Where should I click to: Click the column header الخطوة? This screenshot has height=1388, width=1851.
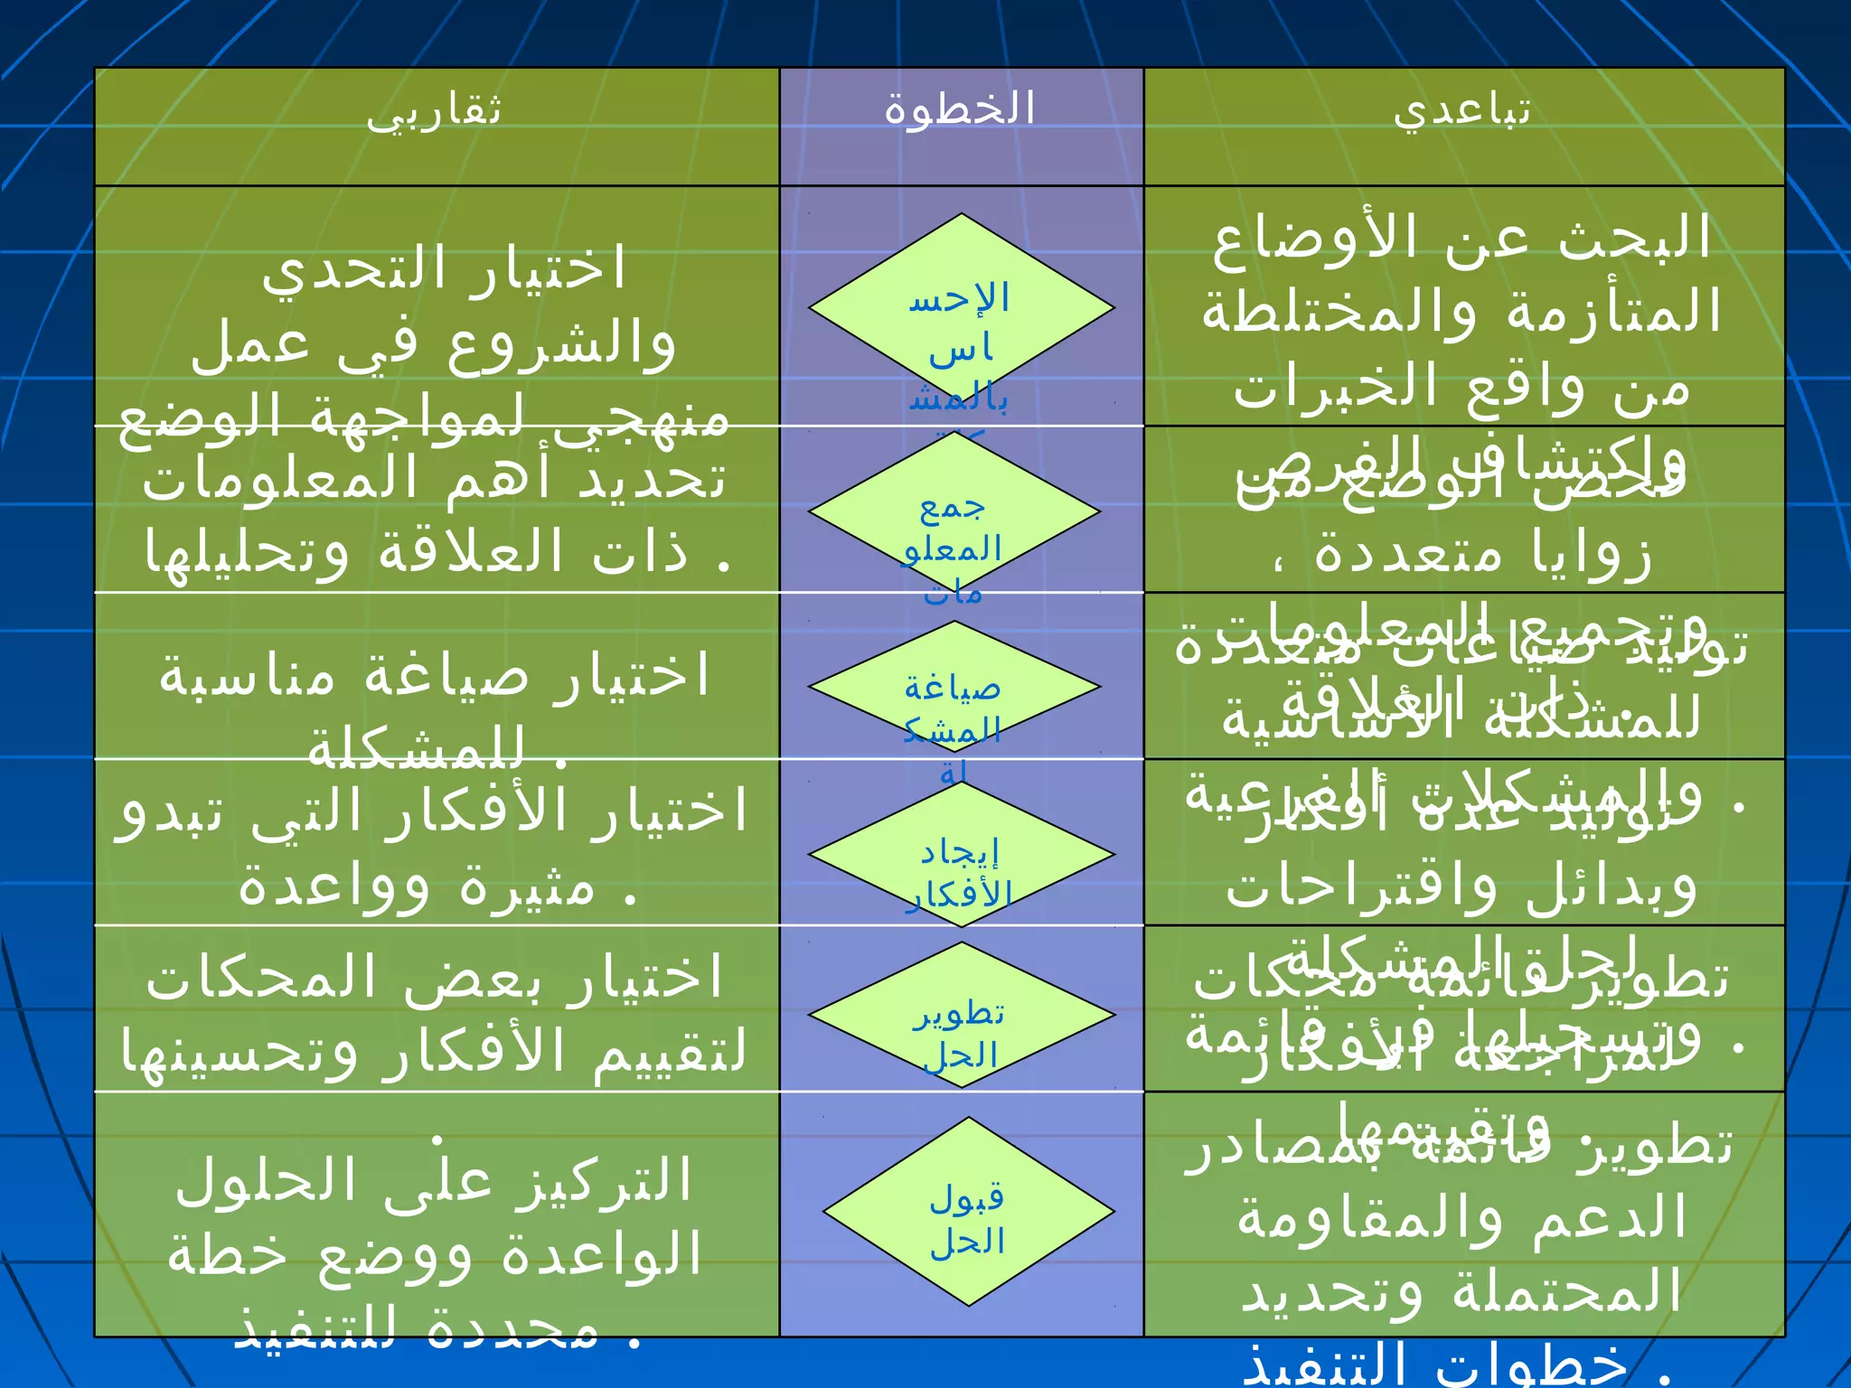point(960,109)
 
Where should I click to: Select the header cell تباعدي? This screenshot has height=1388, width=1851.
point(1461,111)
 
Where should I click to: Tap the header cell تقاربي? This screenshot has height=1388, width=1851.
point(434,111)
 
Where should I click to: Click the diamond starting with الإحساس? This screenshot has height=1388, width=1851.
point(961,307)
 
